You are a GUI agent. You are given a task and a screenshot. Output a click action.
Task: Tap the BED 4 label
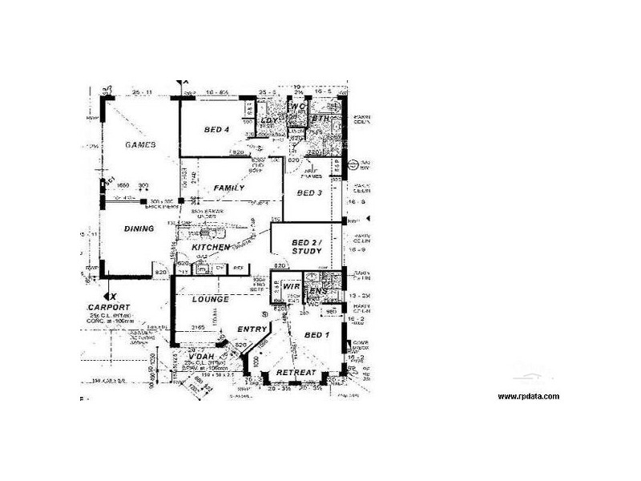point(216,130)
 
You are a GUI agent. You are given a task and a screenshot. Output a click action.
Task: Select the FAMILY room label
point(228,188)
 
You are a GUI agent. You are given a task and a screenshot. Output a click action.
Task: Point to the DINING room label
point(139,228)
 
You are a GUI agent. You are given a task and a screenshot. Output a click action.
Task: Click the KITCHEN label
point(211,248)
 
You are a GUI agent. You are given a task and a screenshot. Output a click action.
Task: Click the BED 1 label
point(316,334)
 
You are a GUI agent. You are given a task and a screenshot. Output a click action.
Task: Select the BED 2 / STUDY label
point(306,246)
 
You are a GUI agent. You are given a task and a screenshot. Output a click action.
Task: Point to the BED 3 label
point(309,193)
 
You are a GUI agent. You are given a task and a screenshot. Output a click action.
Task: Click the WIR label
point(290,285)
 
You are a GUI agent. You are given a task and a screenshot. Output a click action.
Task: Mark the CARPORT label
point(111,307)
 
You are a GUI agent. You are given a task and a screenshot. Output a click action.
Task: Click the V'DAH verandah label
point(196,356)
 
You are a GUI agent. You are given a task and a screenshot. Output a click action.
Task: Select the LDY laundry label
point(268,121)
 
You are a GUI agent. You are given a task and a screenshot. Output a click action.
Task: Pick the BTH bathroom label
point(321,119)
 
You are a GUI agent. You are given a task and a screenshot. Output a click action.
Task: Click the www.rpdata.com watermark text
point(528,396)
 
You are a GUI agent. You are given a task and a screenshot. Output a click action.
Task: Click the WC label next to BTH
point(296,107)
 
